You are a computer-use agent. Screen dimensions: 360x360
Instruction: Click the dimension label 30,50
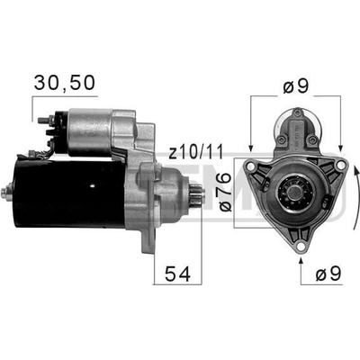click(x=64, y=83)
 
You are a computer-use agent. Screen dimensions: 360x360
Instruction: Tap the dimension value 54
click(x=177, y=274)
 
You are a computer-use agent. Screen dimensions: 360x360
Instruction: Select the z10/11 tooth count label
click(x=196, y=153)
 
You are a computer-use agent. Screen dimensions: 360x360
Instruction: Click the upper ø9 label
click(x=295, y=86)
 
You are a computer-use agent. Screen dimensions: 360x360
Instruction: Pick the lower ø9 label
click(x=328, y=274)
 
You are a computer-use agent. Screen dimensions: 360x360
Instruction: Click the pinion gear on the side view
click(x=198, y=194)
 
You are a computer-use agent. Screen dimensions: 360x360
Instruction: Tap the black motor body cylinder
click(x=69, y=193)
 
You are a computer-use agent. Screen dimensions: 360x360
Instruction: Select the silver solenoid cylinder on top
click(x=90, y=132)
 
